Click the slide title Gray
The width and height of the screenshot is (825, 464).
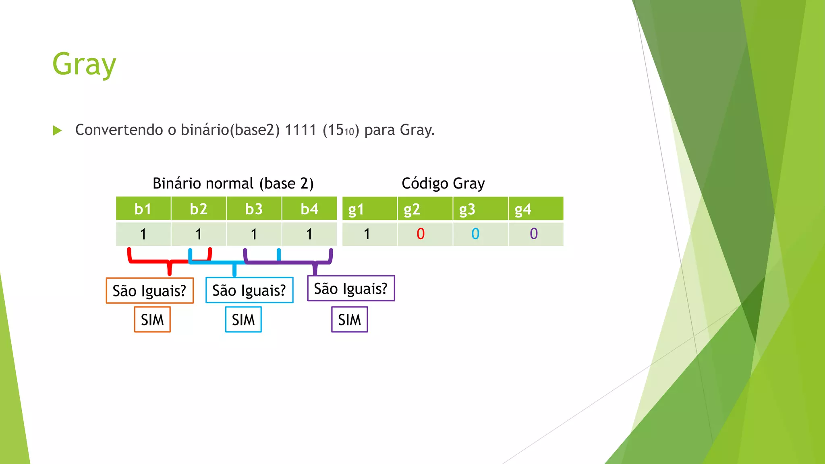click(x=84, y=64)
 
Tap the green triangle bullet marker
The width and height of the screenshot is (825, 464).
click(x=57, y=130)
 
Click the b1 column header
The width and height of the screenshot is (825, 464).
click(x=143, y=209)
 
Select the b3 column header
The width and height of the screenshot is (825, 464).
click(x=254, y=209)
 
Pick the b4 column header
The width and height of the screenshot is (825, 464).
click(x=309, y=209)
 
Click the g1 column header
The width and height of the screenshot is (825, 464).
click(x=356, y=209)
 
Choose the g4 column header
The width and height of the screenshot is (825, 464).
click(x=523, y=209)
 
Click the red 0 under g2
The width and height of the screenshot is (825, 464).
click(x=421, y=234)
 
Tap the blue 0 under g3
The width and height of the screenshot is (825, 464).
click(x=475, y=234)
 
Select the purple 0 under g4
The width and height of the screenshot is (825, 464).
click(x=534, y=234)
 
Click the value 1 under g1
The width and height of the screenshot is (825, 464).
click(x=367, y=234)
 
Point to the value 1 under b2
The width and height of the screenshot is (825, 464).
click(x=198, y=234)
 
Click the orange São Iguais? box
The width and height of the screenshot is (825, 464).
click(x=149, y=290)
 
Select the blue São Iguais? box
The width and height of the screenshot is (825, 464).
click(x=249, y=290)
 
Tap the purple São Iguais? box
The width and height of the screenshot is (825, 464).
click(x=351, y=288)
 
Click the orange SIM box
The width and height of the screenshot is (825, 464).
click(x=152, y=319)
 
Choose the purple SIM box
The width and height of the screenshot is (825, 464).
click(x=350, y=319)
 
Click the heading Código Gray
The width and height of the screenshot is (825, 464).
click(x=443, y=184)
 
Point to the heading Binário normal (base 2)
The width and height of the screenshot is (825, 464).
click(x=233, y=184)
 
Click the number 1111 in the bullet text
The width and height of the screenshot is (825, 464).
click(x=301, y=130)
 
